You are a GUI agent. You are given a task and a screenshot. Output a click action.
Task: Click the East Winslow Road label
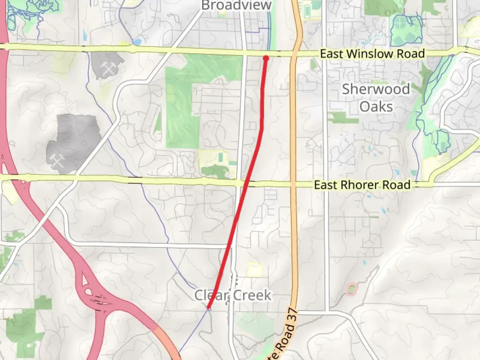[x=372, y=54]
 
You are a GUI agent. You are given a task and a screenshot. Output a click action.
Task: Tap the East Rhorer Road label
[x=362, y=185]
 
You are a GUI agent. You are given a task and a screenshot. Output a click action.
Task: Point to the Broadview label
[x=236, y=5]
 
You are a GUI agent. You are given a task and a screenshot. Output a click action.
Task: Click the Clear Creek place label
[x=233, y=295]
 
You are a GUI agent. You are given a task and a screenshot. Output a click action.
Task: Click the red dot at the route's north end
[x=266, y=58]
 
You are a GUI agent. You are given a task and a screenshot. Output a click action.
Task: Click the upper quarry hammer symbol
[x=109, y=69]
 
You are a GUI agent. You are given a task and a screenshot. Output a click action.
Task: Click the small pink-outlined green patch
[x=351, y=289]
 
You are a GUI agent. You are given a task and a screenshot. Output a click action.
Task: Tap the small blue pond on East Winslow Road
[x=137, y=42]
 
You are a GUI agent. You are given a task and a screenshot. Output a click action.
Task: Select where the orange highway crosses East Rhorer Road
[x=293, y=184]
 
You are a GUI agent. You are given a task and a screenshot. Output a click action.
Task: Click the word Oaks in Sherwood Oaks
[x=376, y=107]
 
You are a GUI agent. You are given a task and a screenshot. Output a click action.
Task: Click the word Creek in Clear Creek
[x=252, y=295]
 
